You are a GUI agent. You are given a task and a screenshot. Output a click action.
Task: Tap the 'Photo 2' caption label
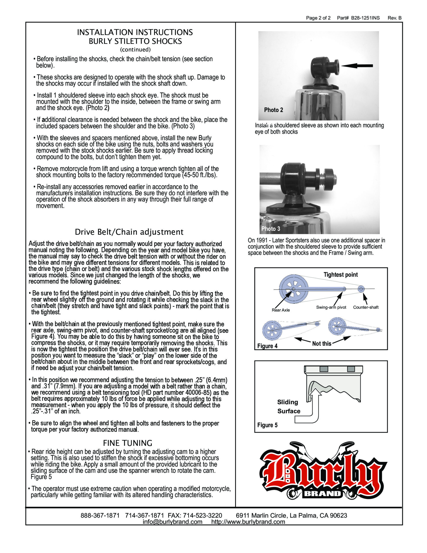(273, 110)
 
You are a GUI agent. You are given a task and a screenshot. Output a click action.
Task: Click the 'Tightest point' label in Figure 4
(340, 275)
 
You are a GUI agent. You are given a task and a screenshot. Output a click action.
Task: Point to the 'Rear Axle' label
(281, 310)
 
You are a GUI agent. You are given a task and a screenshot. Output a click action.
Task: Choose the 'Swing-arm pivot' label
(331, 307)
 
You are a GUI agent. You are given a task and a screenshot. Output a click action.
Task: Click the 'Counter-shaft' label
(366, 307)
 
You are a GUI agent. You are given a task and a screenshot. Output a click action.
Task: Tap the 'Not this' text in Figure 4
(321, 344)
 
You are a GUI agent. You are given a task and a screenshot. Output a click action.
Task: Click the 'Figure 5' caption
(267, 425)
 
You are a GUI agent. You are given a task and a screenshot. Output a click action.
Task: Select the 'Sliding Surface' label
(289, 406)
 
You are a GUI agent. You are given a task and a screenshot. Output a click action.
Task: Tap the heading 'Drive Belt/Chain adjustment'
(129, 232)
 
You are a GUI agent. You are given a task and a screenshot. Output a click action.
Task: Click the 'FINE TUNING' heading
(128, 443)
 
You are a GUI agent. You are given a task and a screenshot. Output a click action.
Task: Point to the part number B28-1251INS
(365, 18)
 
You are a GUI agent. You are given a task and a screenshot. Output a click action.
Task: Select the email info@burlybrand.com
(172, 522)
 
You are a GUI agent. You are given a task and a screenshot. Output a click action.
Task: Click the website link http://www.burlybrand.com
(248, 522)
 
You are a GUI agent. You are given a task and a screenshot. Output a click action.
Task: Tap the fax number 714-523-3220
(202, 516)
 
